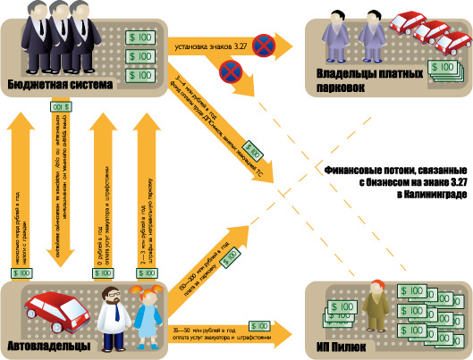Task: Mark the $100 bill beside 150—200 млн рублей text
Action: tap(228, 259)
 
